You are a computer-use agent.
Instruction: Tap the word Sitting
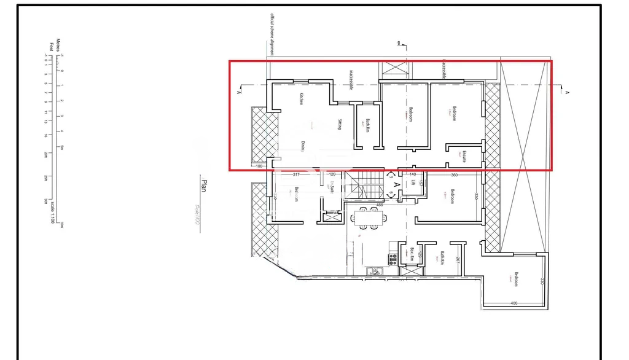tap(340, 124)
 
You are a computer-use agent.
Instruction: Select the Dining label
tap(303, 146)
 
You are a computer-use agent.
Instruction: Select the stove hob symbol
tap(392, 259)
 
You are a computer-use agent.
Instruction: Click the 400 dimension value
tap(514, 303)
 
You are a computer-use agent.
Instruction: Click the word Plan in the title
tap(205, 186)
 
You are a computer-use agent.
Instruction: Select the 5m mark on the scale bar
tap(61, 147)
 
